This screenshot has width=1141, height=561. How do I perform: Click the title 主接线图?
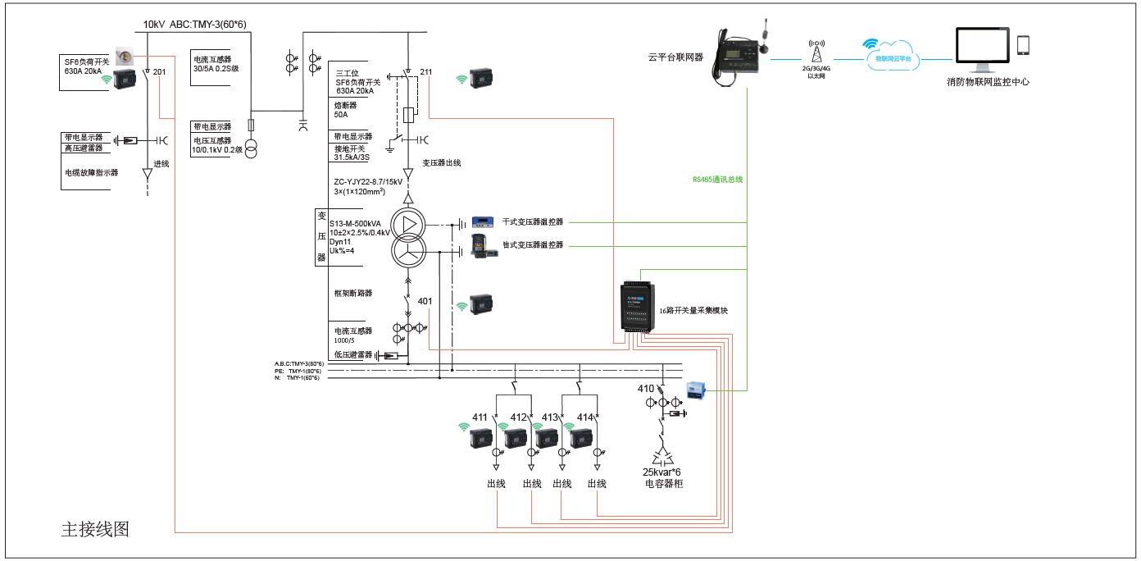click(x=95, y=529)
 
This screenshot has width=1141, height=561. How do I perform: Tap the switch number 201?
click(x=159, y=72)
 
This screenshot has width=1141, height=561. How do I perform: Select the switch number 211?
click(x=425, y=72)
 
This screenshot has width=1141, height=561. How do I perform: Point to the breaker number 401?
click(x=425, y=301)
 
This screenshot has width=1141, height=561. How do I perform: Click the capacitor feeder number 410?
click(x=646, y=389)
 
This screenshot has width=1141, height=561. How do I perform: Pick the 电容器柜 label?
click(x=664, y=484)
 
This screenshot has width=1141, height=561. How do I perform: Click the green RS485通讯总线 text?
click(x=717, y=179)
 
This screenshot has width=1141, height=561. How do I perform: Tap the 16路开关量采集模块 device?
click(x=639, y=310)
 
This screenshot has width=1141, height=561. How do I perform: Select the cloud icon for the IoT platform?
click(x=892, y=55)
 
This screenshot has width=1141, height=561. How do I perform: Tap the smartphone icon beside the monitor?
click(x=1023, y=45)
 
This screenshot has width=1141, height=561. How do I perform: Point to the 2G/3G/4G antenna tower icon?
click(x=816, y=50)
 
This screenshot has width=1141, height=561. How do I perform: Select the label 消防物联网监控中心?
click(x=988, y=82)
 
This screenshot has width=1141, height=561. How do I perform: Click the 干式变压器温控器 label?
click(x=533, y=222)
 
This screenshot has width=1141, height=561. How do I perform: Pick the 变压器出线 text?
click(x=441, y=163)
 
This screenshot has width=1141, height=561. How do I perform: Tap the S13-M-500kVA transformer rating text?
click(x=354, y=223)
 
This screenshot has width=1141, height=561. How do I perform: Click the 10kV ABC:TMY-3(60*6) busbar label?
click(x=194, y=25)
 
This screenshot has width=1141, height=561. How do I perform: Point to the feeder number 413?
click(x=550, y=417)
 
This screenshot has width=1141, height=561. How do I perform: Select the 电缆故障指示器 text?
click(x=92, y=173)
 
